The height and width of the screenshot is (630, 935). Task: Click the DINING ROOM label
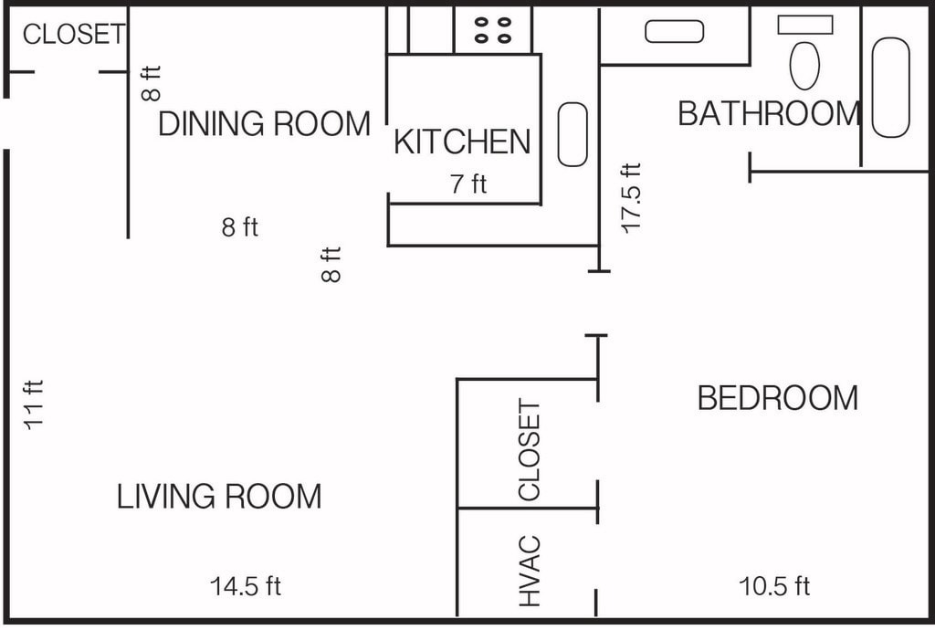pos(264,124)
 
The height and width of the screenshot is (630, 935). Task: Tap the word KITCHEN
pos(462,142)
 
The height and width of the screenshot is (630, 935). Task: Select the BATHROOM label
pos(769,113)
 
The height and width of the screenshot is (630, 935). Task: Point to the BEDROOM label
pos(778,397)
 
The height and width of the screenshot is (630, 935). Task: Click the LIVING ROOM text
pos(219,497)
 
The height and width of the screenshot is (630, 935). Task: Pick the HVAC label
pos(530,571)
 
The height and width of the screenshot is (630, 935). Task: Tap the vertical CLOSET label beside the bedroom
pos(530,450)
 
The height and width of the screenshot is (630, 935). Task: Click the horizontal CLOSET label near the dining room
pos(74,34)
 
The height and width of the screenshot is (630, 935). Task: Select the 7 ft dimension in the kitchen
pos(468,184)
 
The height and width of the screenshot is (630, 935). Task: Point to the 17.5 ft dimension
pos(631,198)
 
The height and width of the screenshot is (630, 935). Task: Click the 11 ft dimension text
pos(34,404)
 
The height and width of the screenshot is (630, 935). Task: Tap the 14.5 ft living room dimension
pos(245,586)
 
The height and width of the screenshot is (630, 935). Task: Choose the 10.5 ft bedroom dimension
pos(774,586)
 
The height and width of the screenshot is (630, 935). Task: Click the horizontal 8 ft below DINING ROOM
pos(240,227)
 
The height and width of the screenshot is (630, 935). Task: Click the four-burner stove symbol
pos(492,30)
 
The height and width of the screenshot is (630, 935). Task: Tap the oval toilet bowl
pos(804,66)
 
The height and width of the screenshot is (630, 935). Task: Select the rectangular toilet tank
pos(805,25)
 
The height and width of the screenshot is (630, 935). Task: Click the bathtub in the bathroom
pos(891,88)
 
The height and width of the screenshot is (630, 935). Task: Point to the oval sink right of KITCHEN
pos(573,134)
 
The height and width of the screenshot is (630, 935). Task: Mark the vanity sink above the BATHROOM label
pos(675,32)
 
